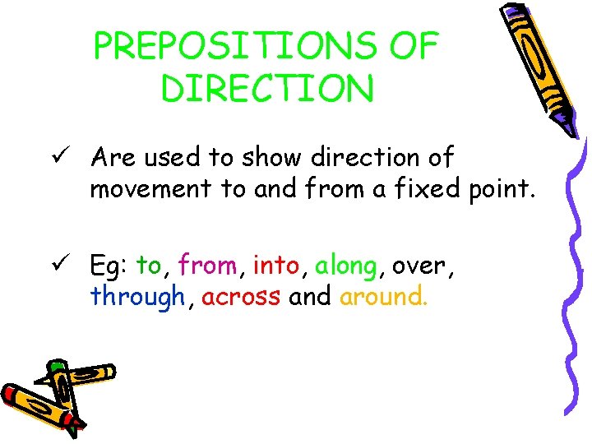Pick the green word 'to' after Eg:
click(x=150, y=266)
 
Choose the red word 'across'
click(x=241, y=297)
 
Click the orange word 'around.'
click(x=383, y=297)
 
